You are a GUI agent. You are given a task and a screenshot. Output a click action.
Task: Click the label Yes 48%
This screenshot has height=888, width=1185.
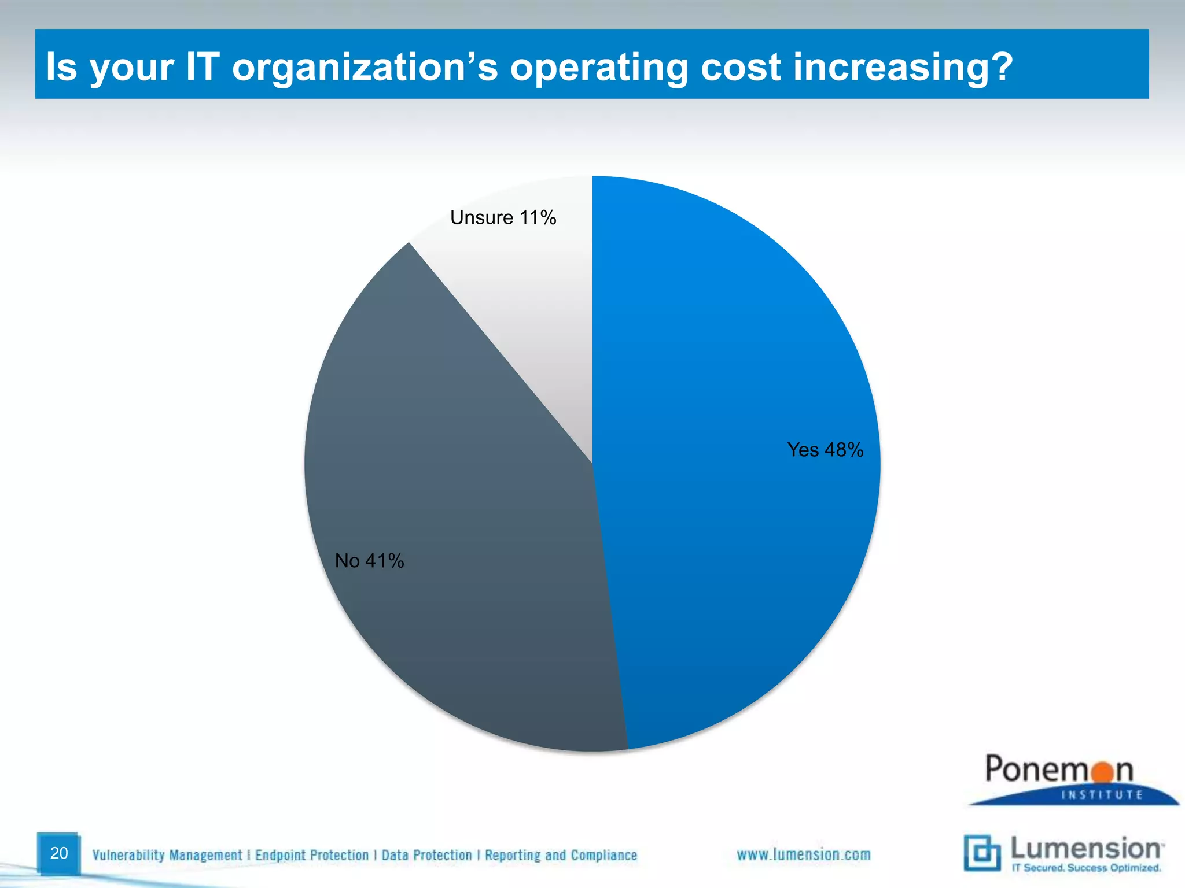pos(825,450)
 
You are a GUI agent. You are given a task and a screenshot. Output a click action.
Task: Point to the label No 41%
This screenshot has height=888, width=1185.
pos(369,561)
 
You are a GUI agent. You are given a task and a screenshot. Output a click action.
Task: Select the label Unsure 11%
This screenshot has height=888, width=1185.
pos(503,218)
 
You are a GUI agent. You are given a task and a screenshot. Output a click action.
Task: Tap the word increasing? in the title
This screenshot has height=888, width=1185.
pos(903,67)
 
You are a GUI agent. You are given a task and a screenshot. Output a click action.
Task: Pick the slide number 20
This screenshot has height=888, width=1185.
pos(59,853)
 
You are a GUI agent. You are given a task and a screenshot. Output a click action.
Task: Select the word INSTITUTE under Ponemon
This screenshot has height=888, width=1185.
pos(1102,795)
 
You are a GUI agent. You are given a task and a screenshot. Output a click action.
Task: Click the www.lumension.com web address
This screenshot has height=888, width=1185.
pos(803,854)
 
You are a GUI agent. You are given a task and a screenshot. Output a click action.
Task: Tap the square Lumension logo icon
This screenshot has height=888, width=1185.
pos(982,853)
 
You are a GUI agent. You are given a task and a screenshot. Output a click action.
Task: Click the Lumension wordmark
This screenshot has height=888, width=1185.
pos(1085,849)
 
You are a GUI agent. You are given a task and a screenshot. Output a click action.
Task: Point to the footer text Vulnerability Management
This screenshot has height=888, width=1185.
pos(167,855)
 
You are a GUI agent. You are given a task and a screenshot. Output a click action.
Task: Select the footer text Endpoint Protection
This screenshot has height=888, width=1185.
pos(312,855)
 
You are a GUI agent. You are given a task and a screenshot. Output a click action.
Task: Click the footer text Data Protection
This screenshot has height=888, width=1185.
pos(426,855)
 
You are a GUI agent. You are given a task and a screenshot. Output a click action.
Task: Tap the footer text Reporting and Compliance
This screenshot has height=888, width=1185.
pos(561,855)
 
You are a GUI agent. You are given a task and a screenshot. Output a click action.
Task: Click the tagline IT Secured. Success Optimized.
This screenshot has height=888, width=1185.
pos(1086,868)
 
